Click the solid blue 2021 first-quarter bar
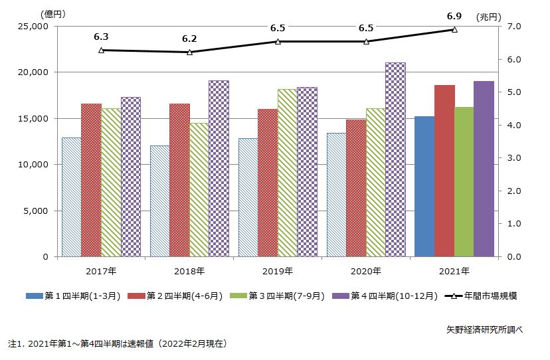(424, 186)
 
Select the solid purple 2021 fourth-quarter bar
(484, 169)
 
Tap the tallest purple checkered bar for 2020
(395, 159)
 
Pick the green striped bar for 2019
(287, 173)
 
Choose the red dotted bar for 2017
(91, 179)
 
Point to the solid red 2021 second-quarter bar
(444, 171)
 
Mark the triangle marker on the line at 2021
(454, 30)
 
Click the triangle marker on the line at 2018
(189, 52)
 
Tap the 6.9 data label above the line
(454, 15)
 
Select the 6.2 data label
(189, 39)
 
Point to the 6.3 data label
(101, 37)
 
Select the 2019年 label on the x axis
(278, 270)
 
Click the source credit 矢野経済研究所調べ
(484, 329)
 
